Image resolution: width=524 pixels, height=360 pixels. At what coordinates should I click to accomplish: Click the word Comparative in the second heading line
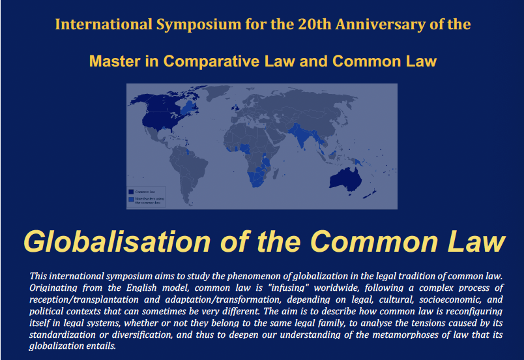point(205,61)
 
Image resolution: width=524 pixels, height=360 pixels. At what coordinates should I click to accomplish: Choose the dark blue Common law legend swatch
point(131,192)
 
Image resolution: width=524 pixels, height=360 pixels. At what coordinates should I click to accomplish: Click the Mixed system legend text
point(149,200)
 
